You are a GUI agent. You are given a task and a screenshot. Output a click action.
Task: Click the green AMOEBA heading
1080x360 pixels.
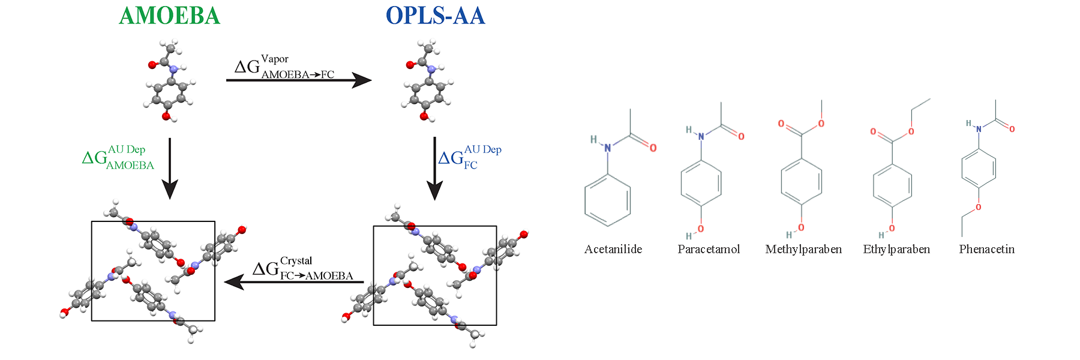[170, 16]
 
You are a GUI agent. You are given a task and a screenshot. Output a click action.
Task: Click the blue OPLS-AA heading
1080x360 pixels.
[435, 16]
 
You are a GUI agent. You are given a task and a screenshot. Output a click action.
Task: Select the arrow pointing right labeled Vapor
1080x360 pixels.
[298, 80]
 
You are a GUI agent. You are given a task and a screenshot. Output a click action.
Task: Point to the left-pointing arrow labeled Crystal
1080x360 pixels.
[294, 282]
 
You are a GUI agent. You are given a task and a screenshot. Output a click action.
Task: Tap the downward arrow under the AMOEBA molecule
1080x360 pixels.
[170, 168]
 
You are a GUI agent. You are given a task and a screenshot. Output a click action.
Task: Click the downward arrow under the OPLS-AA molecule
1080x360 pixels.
[434, 168]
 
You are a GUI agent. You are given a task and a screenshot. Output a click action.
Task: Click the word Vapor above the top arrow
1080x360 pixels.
[275, 59]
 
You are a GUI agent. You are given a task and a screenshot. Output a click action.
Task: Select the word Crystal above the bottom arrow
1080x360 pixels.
[296, 261]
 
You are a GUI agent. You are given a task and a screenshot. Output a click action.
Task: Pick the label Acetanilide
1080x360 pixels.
[613, 249]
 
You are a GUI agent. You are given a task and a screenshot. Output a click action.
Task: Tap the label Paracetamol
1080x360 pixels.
[709, 249]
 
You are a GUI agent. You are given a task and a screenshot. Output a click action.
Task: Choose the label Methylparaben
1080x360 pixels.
[803, 249]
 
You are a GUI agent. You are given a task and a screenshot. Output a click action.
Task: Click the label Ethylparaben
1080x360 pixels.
[896, 249]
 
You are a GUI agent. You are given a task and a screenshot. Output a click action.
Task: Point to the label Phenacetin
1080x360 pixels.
[986, 249]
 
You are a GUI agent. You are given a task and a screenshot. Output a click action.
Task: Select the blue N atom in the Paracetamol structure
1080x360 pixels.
[701, 137]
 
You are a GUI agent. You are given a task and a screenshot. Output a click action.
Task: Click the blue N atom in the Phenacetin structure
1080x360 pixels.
[979, 129]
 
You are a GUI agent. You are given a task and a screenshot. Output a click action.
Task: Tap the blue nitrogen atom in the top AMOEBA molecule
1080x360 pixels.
[174, 69]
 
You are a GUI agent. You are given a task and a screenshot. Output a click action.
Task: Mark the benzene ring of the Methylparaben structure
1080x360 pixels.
[802, 182]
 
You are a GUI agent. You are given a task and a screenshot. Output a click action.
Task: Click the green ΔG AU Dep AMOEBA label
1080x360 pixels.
[118, 157]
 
